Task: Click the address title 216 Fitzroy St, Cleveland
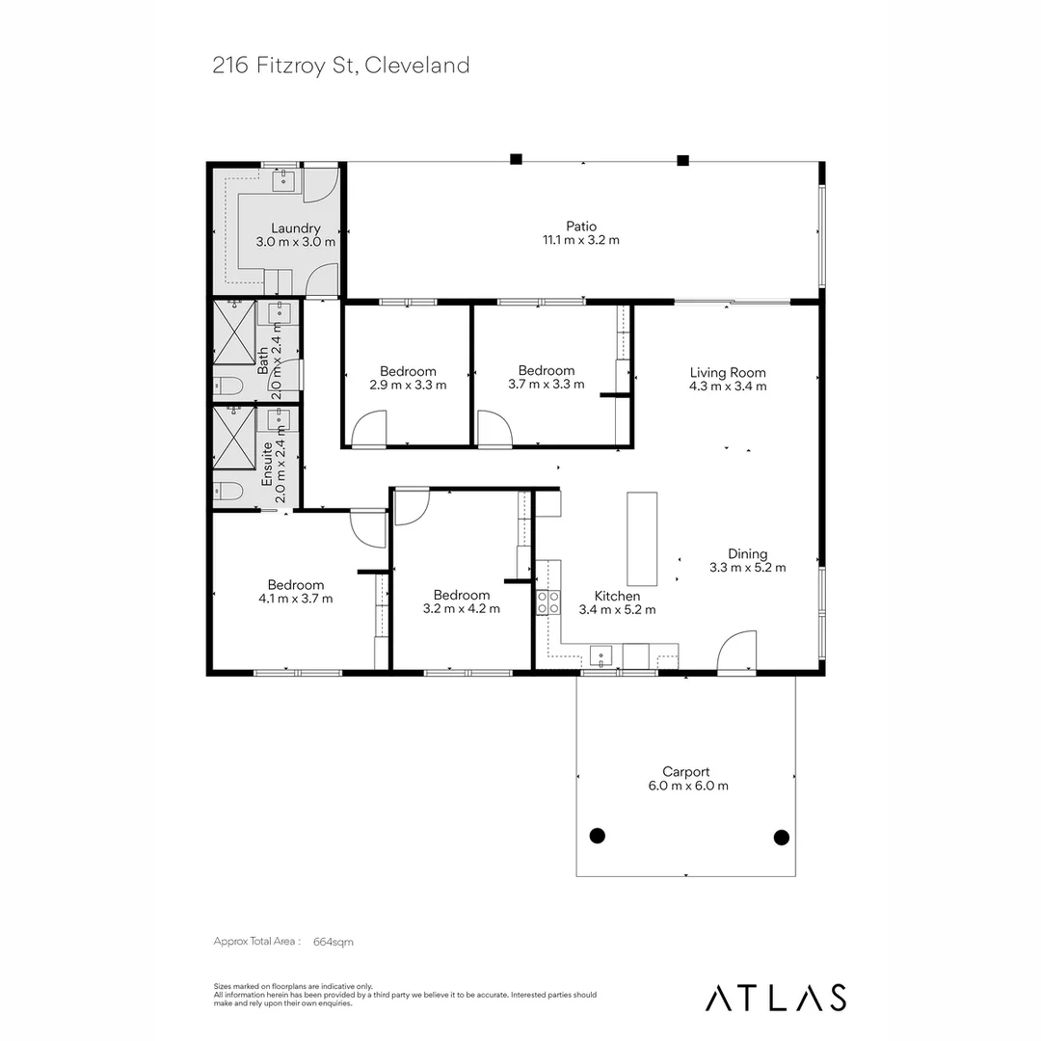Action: [x=340, y=66]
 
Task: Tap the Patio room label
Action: [x=581, y=227]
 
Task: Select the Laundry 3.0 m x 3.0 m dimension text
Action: [x=296, y=242]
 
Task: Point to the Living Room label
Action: [x=728, y=372]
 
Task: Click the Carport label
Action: [x=686, y=771]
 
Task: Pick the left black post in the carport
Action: [x=597, y=835]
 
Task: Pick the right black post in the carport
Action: [x=782, y=838]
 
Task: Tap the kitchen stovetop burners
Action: [x=547, y=602]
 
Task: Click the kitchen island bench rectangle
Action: [x=642, y=539]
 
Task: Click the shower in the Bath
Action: [x=234, y=332]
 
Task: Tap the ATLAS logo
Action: [x=775, y=998]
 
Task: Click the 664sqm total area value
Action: [x=334, y=942]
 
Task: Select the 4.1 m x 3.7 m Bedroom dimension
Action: [x=296, y=599]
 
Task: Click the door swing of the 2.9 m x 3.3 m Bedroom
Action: [x=369, y=429]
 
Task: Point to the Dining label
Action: [x=748, y=553]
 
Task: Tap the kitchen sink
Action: [x=601, y=655]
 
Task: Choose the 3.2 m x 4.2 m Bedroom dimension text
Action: [x=462, y=608]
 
